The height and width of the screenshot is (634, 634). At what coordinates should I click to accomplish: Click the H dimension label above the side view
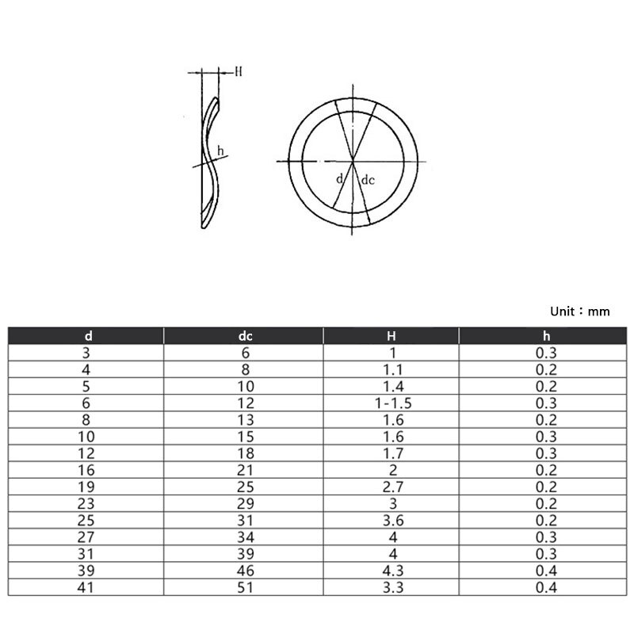pos(238,71)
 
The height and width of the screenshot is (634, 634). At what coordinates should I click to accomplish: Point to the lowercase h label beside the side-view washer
pos(220,151)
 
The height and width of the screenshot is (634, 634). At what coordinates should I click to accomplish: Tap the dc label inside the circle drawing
pos(368,181)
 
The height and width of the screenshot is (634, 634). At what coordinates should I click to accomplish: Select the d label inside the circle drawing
pos(339,180)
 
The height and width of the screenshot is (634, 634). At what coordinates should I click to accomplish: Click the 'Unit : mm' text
pos(579,311)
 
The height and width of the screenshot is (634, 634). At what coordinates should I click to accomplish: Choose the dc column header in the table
pos(245,336)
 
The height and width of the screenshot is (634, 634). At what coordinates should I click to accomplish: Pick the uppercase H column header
pos(391,336)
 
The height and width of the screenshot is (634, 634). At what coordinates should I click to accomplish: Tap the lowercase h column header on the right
pos(546,336)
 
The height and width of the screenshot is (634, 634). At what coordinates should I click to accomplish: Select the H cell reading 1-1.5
pos(391,403)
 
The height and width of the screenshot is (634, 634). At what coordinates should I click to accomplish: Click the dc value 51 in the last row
pos(245,588)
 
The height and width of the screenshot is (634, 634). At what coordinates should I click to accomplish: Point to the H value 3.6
pos(391,521)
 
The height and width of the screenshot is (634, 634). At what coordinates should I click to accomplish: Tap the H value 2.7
pos(391,487)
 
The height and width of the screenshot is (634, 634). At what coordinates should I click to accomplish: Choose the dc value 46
pos(245,571)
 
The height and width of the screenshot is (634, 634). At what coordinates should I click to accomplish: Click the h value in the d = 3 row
pos(546,353)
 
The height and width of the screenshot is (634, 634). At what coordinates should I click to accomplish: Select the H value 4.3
pos(391,571)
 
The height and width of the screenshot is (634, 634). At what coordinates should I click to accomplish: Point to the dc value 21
pos(245,470)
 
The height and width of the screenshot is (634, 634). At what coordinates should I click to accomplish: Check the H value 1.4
pos(391,386)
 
